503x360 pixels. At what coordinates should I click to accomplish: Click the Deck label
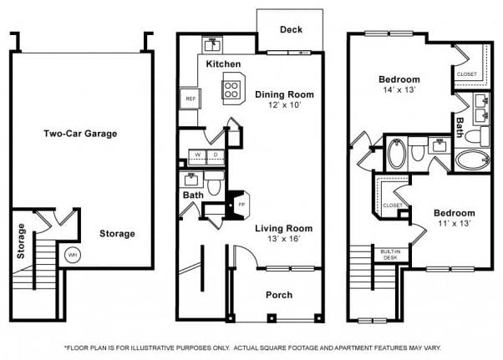tap(291, 30)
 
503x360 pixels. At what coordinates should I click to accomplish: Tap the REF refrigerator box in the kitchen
tap(190, 98)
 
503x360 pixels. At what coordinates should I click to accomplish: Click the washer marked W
tap(198, 155)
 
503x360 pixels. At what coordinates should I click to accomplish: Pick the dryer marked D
tap(216, 155)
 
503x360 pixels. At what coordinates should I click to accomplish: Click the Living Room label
tap(278, 227)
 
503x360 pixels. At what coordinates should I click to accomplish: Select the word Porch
tap(278, 294)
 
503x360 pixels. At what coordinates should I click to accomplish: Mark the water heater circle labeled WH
tap(71, 255)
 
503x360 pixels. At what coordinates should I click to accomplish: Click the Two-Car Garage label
tap(80, 134)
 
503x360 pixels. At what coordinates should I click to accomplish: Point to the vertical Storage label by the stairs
tap(21, 241)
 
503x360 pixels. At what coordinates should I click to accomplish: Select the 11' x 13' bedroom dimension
tap(454, 224)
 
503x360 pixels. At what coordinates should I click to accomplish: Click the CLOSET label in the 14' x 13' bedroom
tap(466, 74)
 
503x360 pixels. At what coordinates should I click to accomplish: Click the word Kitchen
tap(223, 64)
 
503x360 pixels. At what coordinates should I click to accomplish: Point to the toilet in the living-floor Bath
tap(214, 183)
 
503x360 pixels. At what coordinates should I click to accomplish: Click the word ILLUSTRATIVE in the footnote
tap(183, 347)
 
